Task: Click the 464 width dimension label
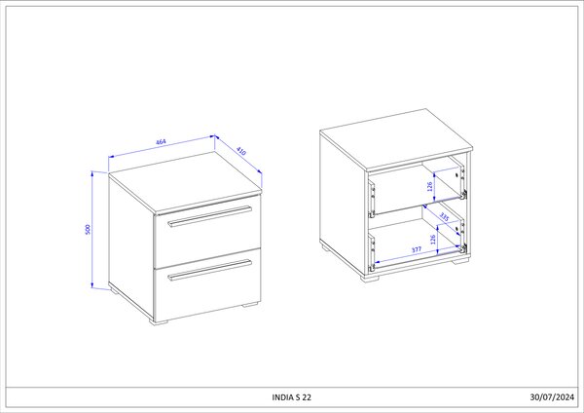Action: coord(161,142)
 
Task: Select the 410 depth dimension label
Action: coord(241,151)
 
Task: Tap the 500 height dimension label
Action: coord(88,229)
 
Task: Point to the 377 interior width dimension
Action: coord(417,249)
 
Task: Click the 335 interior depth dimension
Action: coord(444,217)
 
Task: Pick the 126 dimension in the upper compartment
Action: coord(430,186)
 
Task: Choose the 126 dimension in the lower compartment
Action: coord(433,239)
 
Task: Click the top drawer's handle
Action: coord(209,216)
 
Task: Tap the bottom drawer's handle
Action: coord(209,270)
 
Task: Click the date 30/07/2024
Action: coord(552,397)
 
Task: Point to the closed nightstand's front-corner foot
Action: coord(159,321)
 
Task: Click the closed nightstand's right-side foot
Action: coord(250,305)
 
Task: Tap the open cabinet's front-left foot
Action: coord(369,278)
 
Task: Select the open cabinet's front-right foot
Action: coord(460,261)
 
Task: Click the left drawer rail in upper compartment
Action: coord(372,199)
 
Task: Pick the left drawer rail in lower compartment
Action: coord(372,252)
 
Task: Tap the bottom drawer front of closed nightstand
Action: coord(207,284)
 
